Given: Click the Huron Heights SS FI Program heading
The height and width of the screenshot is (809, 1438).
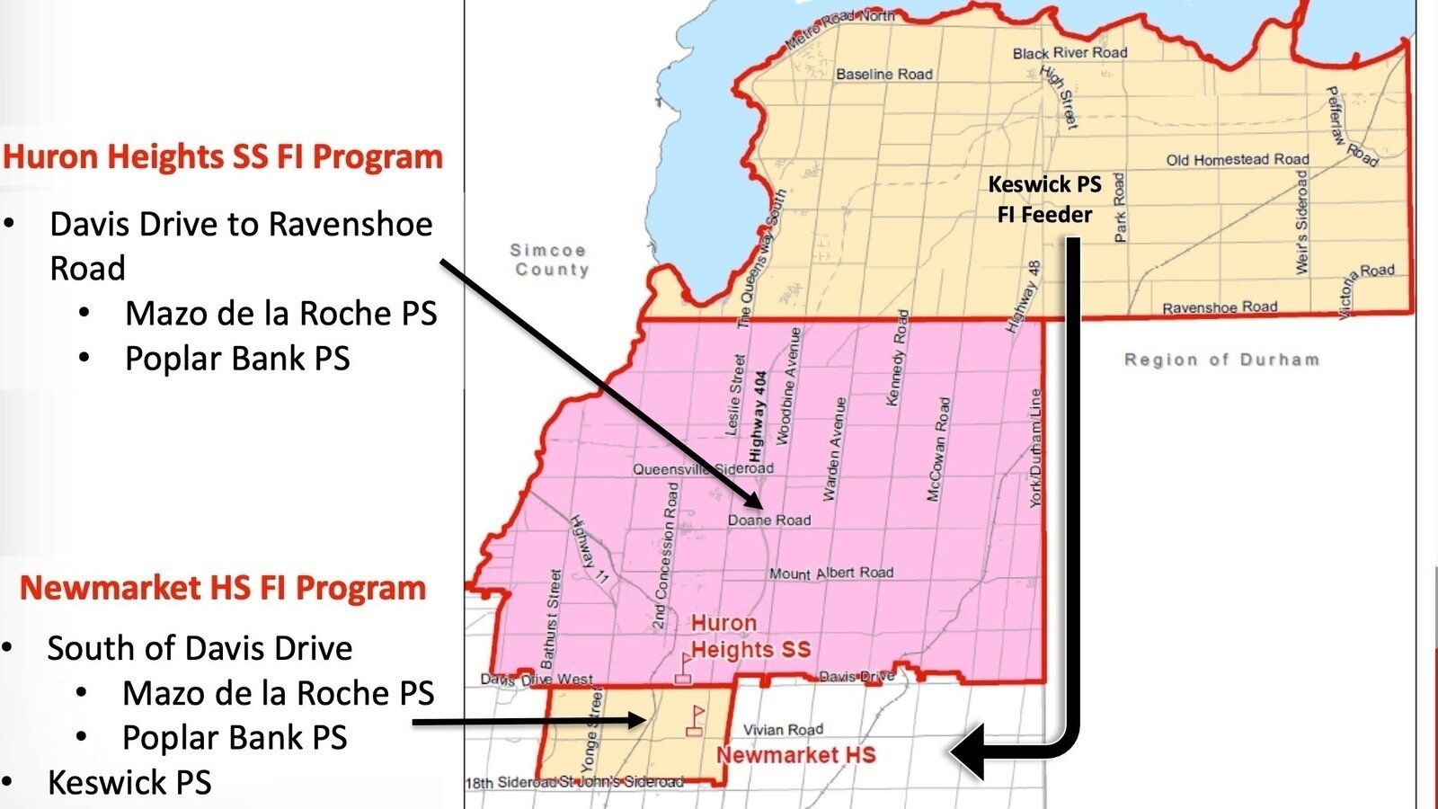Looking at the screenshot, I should (223, 156).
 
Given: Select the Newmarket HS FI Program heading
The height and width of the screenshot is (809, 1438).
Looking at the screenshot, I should (223, 588).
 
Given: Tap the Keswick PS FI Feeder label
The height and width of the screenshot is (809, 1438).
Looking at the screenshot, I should (1044, 200).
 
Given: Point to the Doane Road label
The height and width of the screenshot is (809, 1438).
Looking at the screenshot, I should (769, 520).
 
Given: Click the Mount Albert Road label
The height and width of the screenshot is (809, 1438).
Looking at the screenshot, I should (831, 573).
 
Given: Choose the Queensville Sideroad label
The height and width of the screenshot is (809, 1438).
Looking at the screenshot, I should (703, 468).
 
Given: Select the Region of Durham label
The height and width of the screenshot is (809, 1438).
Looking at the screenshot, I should (1222, 360).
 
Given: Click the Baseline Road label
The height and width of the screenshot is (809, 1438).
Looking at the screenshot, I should (884, 75).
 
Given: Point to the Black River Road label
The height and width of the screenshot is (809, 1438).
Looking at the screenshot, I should (1070, 53).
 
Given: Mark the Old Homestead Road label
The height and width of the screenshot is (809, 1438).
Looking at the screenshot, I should (1238, 160).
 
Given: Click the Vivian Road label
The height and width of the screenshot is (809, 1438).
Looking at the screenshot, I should (783, 730).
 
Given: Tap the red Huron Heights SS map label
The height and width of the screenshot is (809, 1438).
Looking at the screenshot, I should (750, 636).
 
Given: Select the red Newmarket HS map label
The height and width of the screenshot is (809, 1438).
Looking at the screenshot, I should (796, 755).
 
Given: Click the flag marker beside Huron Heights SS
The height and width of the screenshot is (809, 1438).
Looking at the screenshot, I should (684, 669).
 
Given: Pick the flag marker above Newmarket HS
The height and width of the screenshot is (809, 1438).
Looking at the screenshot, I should (695, 721).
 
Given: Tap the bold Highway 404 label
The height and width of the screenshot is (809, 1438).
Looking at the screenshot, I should (758, 416).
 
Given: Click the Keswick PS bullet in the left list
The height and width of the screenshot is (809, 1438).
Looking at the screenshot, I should (129, 782).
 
